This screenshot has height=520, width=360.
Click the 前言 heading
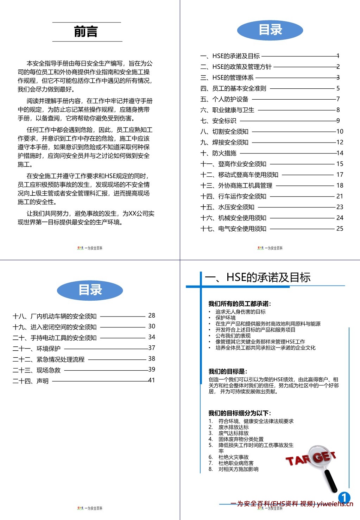tap(86, 32)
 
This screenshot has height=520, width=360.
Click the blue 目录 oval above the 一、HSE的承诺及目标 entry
tap(270, 30)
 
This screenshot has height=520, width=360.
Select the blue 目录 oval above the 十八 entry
tap(90, 290)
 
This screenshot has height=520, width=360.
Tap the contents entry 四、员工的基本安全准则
tap(233, 88)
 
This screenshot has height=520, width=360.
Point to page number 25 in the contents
tap(340, 228)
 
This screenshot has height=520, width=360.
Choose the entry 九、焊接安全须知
tap(225, 142)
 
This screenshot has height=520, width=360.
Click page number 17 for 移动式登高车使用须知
tap(340, 175)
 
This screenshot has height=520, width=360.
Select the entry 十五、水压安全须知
tap(227, 207)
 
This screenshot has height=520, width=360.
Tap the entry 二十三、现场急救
tap(37, 370)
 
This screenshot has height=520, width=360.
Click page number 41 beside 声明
tap(151, 380)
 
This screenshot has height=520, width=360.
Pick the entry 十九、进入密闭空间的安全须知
tap(55, 327)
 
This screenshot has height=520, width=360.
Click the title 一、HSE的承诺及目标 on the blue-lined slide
tap(258, 277)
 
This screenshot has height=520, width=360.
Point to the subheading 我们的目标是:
tap(228, 371)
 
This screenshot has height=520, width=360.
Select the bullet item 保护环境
tap(226, 318)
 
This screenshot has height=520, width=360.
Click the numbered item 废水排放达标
tap(233, 427)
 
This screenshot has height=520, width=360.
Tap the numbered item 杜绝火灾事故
tap(233, 457)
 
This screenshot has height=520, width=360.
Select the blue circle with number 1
tap(344, 497)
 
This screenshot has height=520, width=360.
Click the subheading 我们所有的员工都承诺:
tap(240, 304)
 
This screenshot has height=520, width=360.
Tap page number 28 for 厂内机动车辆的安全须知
tap(152, 315)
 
